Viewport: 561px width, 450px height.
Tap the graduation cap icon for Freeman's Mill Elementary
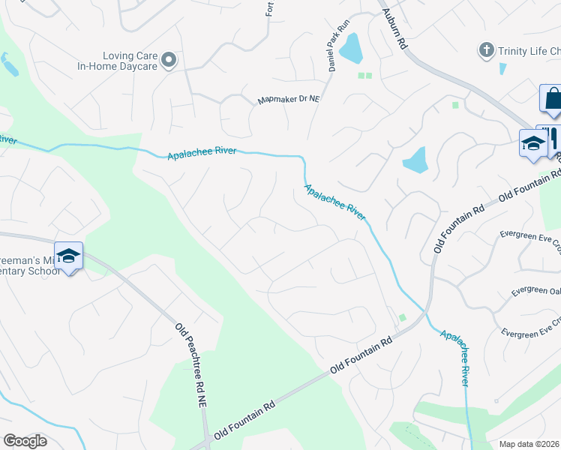[68, 256]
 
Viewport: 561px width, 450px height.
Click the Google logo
[25, 441]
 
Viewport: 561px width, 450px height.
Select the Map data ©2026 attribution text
[529, 443]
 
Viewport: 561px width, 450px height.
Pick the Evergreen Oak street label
[535, 290]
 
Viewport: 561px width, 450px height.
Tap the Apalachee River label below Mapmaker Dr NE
[202, 152]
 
